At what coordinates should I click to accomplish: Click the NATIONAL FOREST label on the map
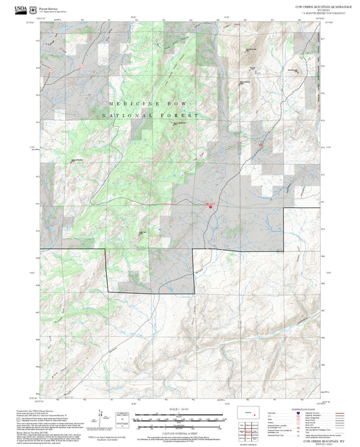pos(151,116)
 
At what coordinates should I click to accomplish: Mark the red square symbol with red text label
pos(210,207)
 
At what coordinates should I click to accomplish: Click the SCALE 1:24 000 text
pos(180,409)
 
